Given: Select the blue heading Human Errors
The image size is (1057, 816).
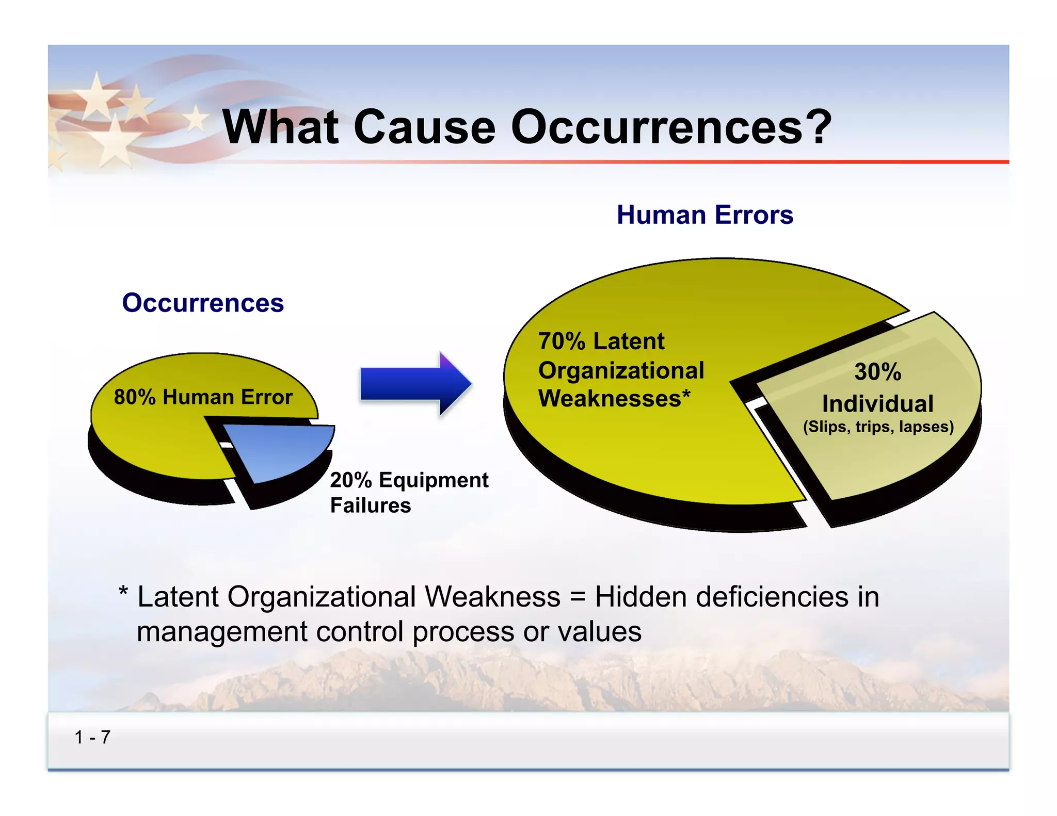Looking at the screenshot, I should tap(704, 215).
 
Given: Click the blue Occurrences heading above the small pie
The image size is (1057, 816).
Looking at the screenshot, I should tap(203, 303).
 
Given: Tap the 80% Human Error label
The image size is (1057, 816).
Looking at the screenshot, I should tap(203, 397).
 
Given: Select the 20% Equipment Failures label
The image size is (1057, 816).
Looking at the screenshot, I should tap(409, 492).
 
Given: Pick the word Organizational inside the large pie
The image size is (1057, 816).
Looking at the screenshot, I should tap(621, 370).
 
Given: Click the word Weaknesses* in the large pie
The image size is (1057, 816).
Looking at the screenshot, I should tap(614, 399).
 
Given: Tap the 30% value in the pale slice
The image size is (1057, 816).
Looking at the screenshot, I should tap(877, 372).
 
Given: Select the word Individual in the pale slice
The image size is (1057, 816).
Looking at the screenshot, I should tap(877, 404).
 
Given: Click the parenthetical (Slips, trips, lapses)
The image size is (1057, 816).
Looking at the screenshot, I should tap(878, 427).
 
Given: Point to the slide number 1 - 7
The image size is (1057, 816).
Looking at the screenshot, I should tap(92, 737).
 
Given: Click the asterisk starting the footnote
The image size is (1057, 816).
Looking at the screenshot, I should tap(123, 591).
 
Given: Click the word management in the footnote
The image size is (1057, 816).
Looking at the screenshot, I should tap(222, 632).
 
